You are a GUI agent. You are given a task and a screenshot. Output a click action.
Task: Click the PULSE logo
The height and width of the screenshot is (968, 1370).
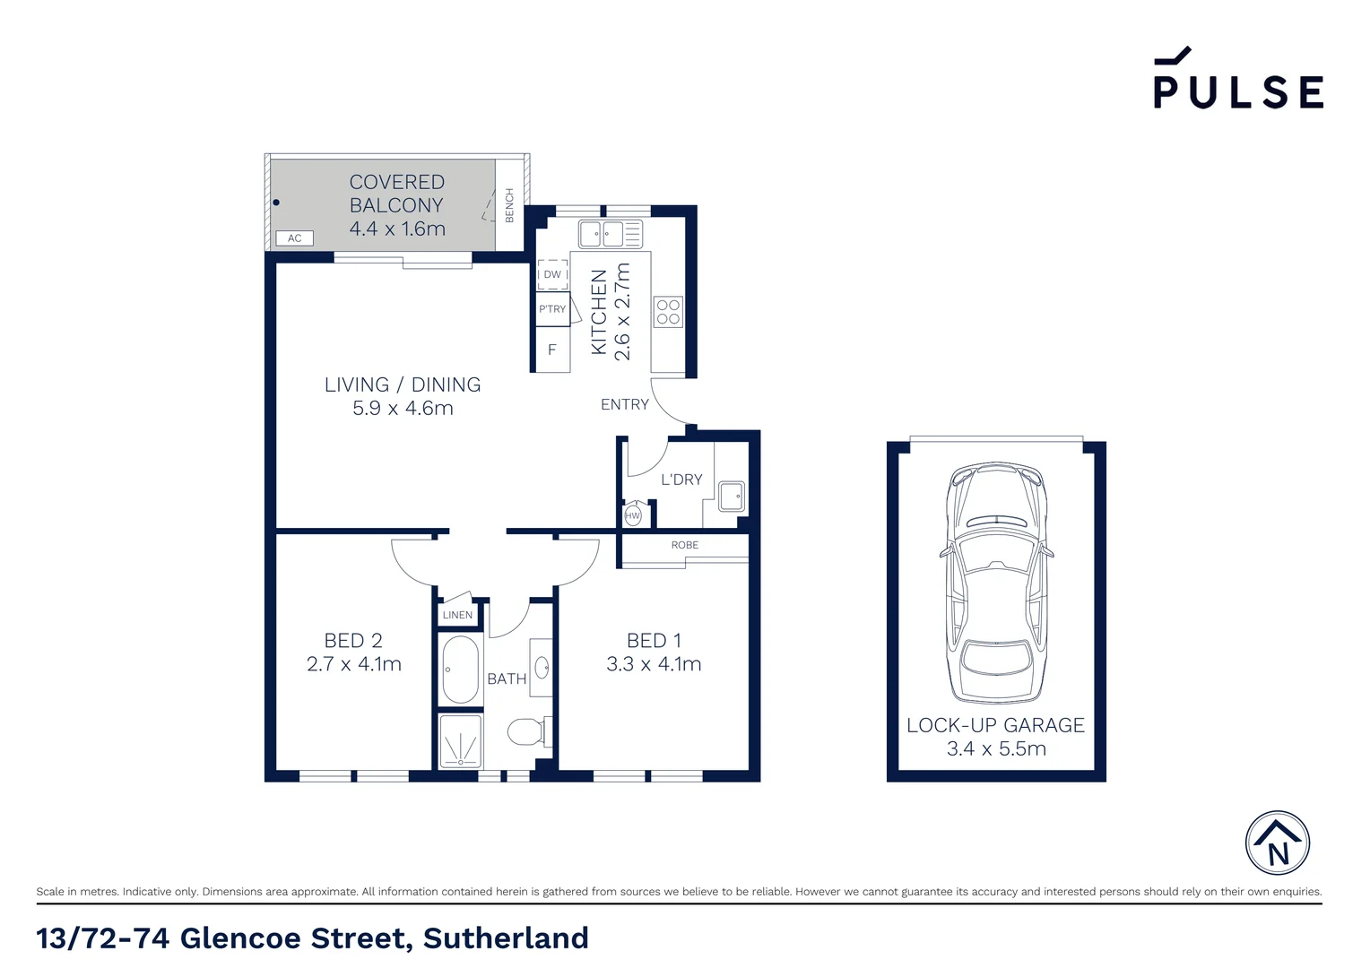click(x=1237, y=80)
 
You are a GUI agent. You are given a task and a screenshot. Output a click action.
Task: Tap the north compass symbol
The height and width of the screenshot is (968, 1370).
click(x=1278, y=843)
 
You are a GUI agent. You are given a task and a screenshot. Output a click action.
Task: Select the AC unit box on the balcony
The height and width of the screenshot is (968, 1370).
click(x=295, y=238)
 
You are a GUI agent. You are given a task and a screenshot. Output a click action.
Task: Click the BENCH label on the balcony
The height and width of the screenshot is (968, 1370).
click(x=509, y=205)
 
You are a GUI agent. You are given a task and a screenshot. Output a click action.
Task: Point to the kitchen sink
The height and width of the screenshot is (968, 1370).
click(x=601, y=234)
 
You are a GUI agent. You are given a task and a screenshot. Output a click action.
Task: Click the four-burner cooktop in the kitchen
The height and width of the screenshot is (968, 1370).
click(x=668, y=312)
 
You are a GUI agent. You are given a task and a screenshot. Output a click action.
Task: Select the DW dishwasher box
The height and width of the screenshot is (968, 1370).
click(x=552, y=274)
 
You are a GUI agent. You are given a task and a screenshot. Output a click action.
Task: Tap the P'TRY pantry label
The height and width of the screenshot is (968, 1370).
click(x=552, y=309)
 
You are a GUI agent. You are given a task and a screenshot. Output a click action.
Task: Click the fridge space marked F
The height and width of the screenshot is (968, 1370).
click(x=552, y=350)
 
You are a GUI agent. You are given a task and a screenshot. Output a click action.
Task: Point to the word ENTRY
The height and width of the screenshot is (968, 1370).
click(x=625, y=405)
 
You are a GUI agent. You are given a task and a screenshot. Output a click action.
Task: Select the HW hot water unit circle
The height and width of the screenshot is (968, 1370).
click(x=633, y=515)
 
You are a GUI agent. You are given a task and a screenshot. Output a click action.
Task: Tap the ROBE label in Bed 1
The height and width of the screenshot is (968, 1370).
click(x=684, y=545)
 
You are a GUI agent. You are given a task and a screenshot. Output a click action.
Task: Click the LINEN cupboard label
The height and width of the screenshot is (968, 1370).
click(x=457, y=615)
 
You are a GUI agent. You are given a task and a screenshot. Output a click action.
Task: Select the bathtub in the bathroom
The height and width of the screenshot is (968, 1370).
click(x=461, y=670)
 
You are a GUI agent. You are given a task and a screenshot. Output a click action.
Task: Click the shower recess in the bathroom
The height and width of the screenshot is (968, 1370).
click(x=461, y=740)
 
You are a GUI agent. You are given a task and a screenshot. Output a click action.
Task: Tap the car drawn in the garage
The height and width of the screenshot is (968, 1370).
click(x=996, y=583)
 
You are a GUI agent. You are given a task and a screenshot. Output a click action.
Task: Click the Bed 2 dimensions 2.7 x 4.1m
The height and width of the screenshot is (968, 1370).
click(x=353, y=664)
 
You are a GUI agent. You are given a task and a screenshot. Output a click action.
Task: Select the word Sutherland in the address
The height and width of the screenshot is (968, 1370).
click(x=506, y=938)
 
